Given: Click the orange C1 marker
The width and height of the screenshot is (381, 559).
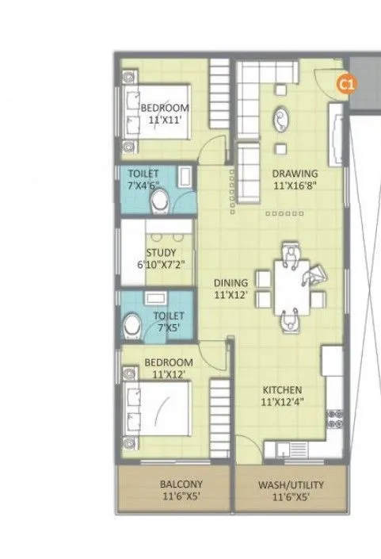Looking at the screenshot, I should click(345, 82).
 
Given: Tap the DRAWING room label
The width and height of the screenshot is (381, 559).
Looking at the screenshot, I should click(295, 174).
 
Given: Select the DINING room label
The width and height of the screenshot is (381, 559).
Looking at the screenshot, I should click(231, 281).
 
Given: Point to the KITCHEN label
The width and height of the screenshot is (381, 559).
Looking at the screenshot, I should click(283, 390).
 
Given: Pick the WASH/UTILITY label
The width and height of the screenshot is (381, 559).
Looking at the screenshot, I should click(291, 484).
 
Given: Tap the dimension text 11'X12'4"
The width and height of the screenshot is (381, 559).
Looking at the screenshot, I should click(283, 402).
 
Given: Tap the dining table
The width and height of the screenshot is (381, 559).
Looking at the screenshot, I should click(291, 287).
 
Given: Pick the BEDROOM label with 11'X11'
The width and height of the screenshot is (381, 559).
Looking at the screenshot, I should click(165, 108).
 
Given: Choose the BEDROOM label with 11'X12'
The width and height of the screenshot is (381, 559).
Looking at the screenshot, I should click(168, 363).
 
